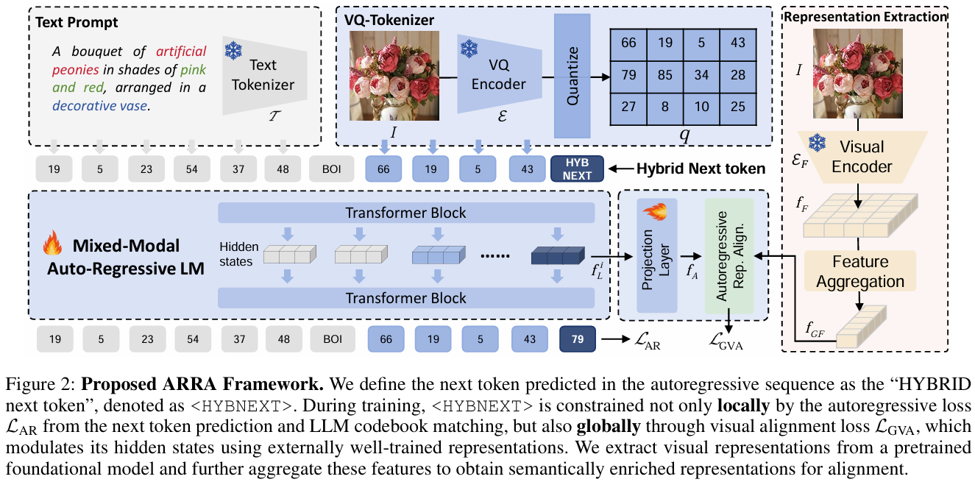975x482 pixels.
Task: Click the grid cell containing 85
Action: (665, 74)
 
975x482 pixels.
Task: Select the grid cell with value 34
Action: (702, 74)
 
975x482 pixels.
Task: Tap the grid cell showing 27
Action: (628, 106)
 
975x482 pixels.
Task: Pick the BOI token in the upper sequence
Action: (331, 169)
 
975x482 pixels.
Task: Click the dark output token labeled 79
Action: (577, 339)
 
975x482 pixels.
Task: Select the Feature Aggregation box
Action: (859, 271)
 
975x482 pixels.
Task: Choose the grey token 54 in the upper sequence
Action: (192, 169)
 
